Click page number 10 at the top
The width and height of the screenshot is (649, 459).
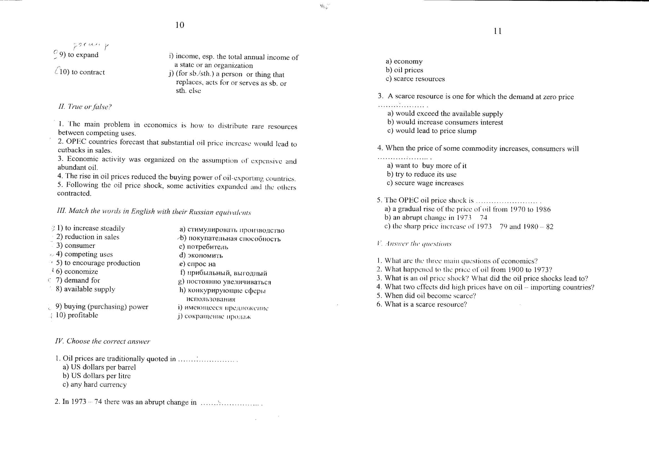tap(179, 25)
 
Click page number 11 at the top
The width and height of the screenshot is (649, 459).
tap(497, 31)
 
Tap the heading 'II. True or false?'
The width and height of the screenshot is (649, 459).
tap(85, 107)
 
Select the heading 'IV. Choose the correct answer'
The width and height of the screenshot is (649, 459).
tap(102, 341)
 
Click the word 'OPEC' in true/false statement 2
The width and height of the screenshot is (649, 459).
tap(76, 141)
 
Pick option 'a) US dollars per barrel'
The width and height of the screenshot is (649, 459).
tap(99, 367)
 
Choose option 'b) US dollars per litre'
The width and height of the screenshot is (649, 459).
tap(97, 376)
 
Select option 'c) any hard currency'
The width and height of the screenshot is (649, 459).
tap(95, 385)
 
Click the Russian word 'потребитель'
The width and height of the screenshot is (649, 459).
tap(207, 247)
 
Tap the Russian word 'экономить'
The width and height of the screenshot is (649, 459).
tap(205, 255)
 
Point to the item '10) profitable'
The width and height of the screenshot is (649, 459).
tap(77, 315)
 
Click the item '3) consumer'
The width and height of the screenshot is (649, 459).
tap(76, 246)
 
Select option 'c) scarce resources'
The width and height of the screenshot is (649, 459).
tap(415, 79)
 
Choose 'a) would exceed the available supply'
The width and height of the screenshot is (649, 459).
tap(445, 114)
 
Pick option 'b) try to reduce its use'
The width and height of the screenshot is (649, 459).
tap(422, 174)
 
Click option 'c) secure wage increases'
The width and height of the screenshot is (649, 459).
tap(425, 183)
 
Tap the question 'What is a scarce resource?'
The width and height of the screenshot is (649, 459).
tap(425, 304)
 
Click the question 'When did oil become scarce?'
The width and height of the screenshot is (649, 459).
tap(430, 296)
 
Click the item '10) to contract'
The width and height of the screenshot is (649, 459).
tap(82, 72)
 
